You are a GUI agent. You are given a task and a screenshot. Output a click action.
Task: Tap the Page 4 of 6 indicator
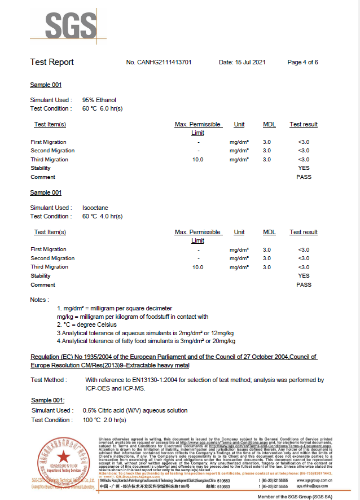(x=302, y=62)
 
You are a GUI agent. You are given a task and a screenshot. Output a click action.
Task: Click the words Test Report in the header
(x=52, y=62)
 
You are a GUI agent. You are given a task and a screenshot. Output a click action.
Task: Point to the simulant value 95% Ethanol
(x=99, y=100)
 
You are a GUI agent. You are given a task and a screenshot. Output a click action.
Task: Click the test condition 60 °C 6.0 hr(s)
(x=102, y=108)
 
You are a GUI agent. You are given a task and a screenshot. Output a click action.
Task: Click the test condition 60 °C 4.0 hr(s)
(x=102, y=216)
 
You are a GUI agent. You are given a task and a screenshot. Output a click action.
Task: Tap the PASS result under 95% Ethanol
(x=304, y=177)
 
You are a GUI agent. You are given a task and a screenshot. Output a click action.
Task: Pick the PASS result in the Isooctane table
(x=304, y=285)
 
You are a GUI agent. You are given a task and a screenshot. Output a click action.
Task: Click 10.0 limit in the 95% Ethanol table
(x=197, y=160)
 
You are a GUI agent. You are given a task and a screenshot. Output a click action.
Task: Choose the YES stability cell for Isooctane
(x=304, y=276)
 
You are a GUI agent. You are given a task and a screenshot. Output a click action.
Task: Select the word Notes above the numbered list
(x=39, y=300)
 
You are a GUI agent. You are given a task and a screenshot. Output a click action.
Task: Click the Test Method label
(x=49, y=380)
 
